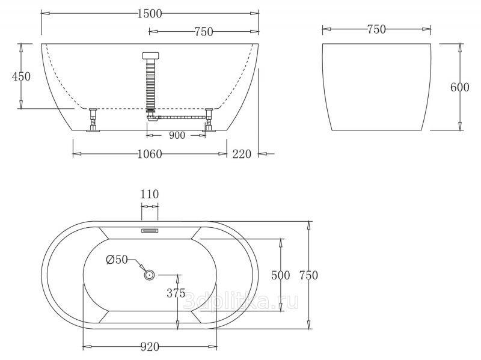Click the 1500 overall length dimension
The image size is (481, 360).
point(149,13)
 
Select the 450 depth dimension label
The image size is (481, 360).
point(21,76)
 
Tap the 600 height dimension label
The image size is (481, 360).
point(460,87)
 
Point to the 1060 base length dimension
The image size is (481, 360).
point(149,154)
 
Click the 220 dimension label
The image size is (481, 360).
point(242,154)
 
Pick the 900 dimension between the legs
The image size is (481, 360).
point(177,135)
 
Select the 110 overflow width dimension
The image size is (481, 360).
point(150,194)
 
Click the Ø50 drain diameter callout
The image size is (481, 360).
point(117,260)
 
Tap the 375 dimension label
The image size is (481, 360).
point(176,293)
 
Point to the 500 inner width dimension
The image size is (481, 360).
point(281,275)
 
